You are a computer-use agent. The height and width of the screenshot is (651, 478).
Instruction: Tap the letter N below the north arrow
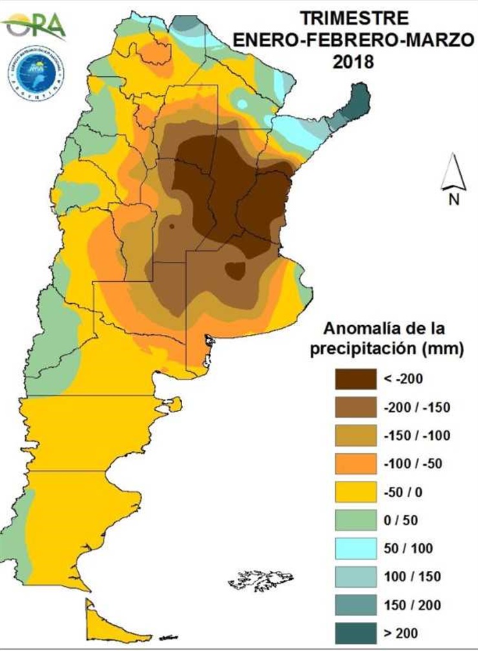click(x=453, y=199)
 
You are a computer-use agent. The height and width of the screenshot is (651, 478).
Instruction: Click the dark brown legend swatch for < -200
click(x=355, y=379)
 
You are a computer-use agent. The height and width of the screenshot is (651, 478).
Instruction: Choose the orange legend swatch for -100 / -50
click(x=355, y=464)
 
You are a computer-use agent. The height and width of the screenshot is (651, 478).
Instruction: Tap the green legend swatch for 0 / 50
click(x=355, y=521)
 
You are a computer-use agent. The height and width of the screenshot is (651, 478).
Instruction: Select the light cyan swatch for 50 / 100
click(x=355, y=550)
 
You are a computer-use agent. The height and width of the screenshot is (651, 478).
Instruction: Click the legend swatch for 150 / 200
click(x=355, y=606)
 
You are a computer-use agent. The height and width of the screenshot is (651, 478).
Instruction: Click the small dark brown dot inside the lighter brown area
click(x=172, y=226)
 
